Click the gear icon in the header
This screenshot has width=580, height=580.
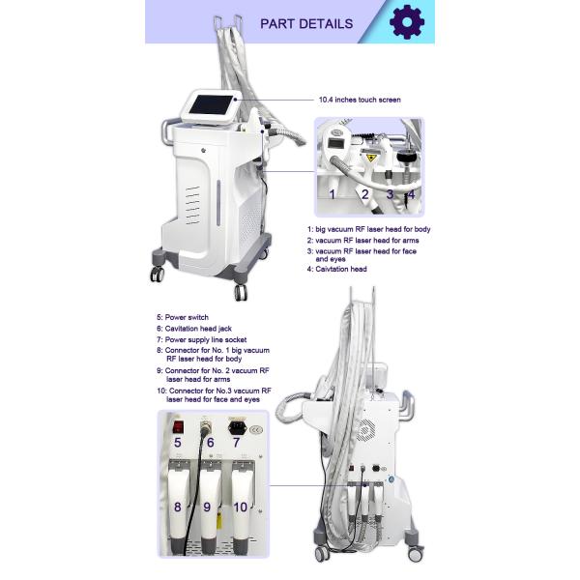tap(407, 22)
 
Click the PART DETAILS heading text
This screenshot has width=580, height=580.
tap(306, 24)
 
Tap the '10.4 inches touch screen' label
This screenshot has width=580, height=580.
tap(360, 100)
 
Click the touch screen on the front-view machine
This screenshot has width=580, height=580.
tap(212, 105)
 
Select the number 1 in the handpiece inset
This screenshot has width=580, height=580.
tap(333, 194)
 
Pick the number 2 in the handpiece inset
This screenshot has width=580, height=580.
tap(365, 194)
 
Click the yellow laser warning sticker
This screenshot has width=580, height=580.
tap(371, 159)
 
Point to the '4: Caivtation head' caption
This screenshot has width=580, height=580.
tap(337, 269)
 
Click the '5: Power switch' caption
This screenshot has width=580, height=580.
tap(183, 317)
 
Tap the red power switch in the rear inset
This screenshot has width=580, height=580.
tap(178, 427)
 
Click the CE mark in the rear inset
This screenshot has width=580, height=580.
tap(256, 430)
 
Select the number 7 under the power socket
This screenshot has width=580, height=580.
tap(236, 443)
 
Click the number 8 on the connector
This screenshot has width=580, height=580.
tap(178, 507)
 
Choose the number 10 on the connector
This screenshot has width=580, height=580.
tap(240, 507)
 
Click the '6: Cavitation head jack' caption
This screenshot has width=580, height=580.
tap(194, 329)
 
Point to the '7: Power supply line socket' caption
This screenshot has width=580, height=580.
tap(202, 339)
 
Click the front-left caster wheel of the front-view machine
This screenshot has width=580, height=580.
tap(158, 274)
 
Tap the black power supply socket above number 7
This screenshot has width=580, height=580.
tap(237, 428)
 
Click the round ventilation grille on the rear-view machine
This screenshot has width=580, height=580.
tap(366, 429)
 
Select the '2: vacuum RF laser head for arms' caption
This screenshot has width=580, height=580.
tap(362, 241)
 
